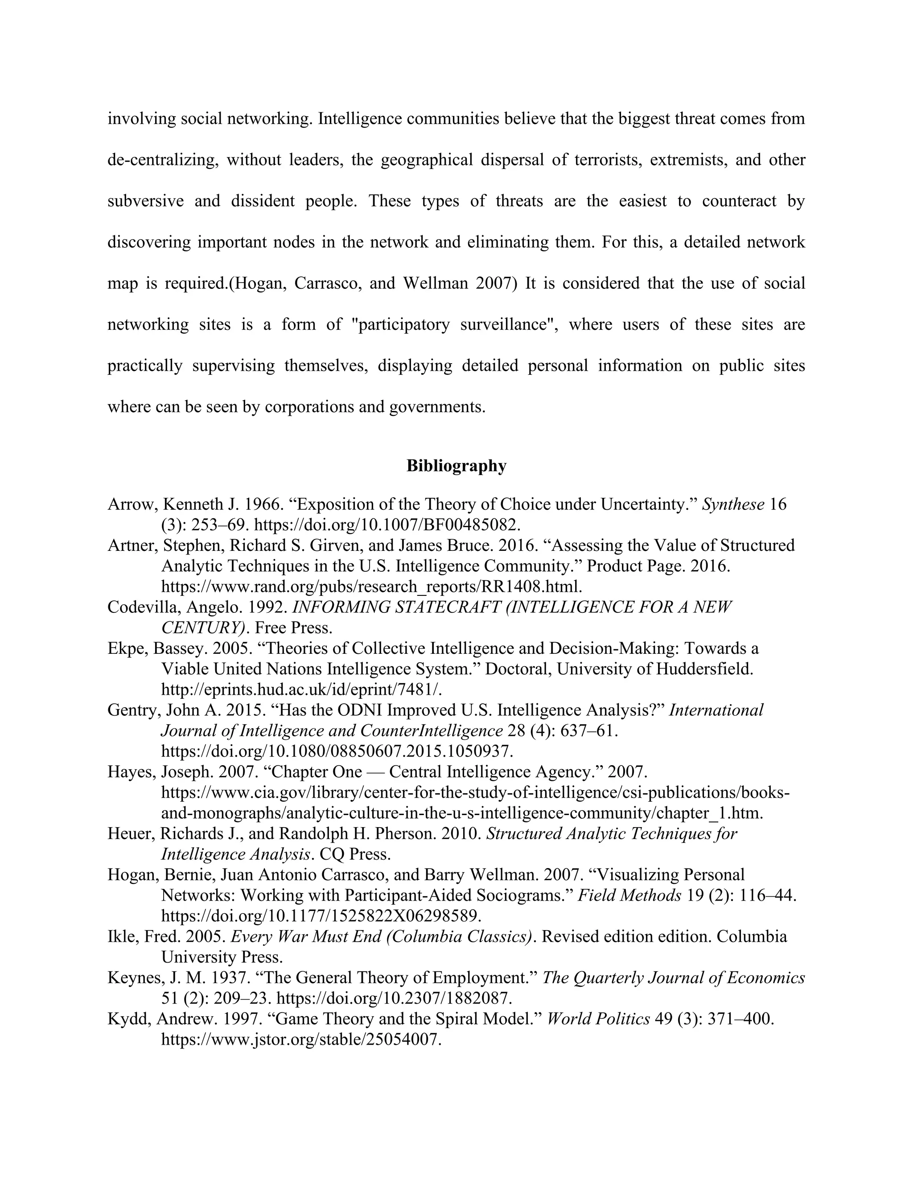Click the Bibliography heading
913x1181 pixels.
456,466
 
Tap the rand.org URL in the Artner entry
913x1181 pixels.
372,586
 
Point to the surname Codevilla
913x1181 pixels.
142,607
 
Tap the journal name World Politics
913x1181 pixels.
598,1019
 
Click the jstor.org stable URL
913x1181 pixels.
301,1039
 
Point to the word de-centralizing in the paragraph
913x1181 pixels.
162,160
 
